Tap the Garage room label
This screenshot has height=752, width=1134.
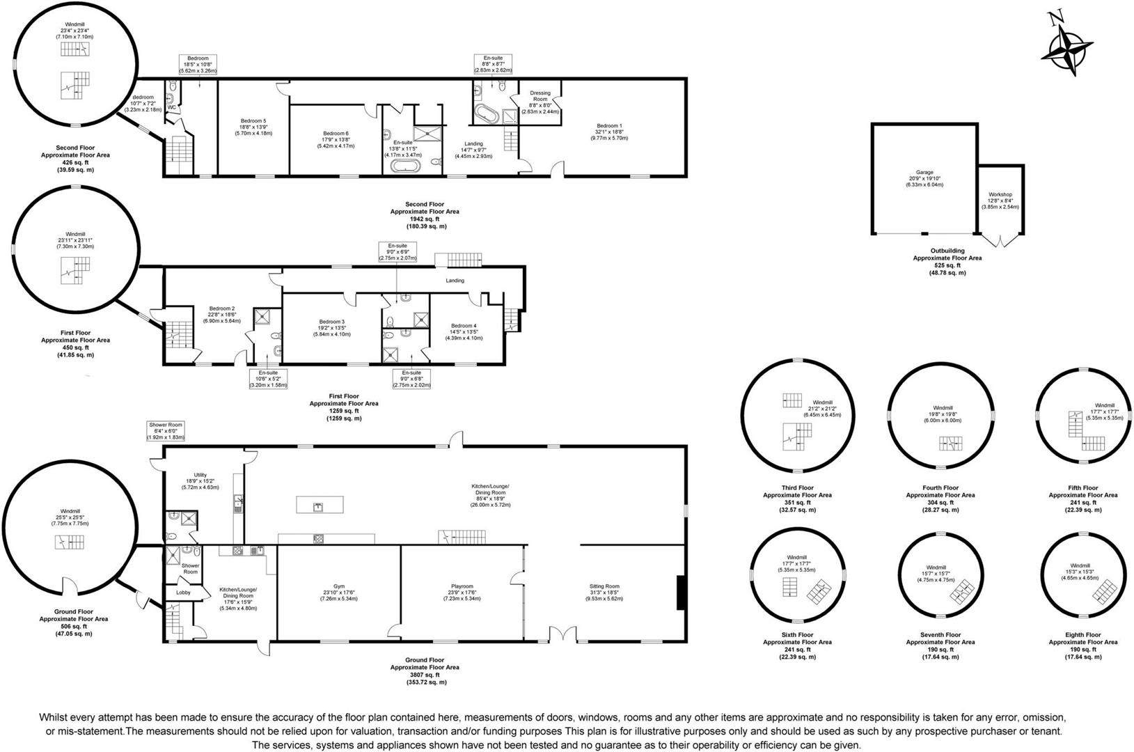pos(924,172)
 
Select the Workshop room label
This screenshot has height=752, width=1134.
pos(1000,195)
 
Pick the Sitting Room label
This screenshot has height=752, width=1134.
pos(604,586)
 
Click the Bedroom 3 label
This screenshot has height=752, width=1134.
pos(332,322)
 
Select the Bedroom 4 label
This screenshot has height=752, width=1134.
pos(464,326)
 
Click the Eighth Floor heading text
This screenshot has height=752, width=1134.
pos(1082,635)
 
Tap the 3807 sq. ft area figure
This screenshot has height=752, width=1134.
pos(424,675)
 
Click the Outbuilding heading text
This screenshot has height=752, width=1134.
pos(947,251)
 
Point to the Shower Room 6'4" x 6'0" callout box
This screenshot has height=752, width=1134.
pos(166,431)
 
